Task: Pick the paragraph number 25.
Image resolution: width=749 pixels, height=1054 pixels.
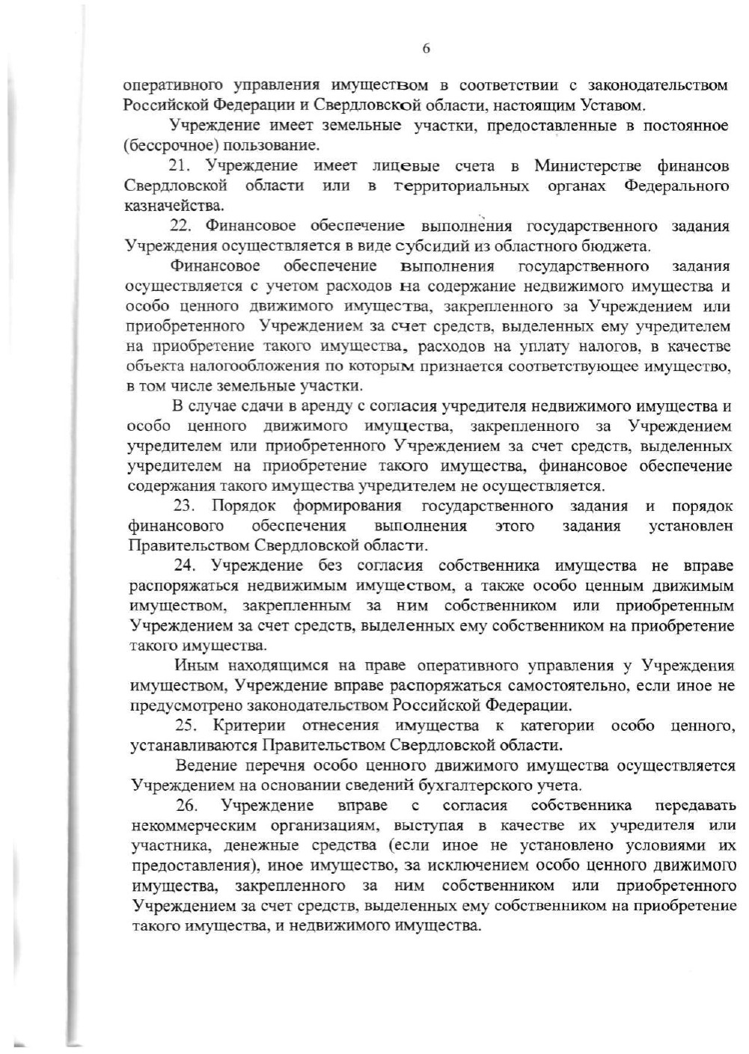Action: click(186, 726)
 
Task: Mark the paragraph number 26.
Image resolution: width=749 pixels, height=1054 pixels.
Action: click(186, 806)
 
